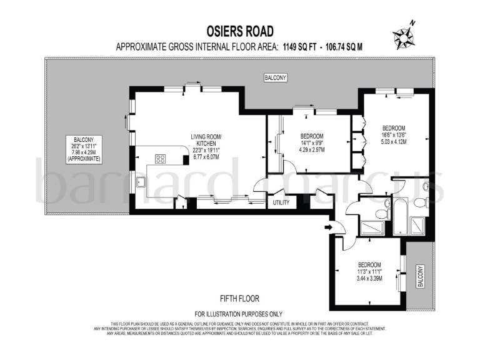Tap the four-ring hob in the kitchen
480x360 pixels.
(x=160, y=159)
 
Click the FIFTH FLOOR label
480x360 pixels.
(x=239, y=299)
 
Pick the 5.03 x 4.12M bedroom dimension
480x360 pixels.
(x=394, y=141)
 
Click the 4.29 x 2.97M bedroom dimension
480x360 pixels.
(x=311, y=149)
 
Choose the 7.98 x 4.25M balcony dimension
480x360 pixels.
(x=84, y=152)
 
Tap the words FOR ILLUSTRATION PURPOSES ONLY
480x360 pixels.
(x=239, y=313)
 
